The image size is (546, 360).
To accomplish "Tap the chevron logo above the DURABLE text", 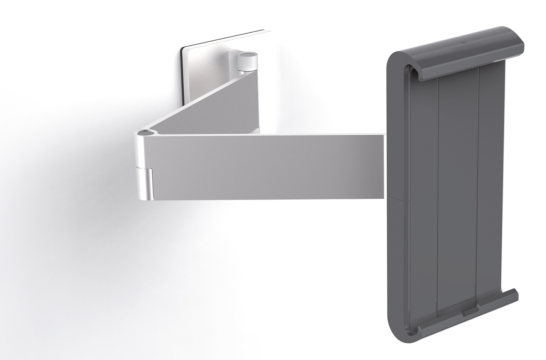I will pos(462,43).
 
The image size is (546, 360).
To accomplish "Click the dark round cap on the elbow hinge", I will pos(147,133).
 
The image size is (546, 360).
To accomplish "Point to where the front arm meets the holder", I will pos(385,166).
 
